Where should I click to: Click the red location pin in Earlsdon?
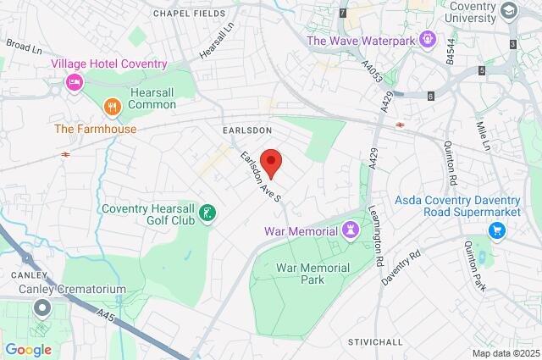271,160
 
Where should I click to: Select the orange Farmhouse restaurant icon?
110,107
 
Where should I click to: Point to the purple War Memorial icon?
350,230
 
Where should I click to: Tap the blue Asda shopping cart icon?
497,230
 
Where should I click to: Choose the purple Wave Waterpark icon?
428,39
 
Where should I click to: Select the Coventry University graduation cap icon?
508,10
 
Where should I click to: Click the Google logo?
29,349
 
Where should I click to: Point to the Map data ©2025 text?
505,353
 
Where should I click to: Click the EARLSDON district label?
246,130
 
